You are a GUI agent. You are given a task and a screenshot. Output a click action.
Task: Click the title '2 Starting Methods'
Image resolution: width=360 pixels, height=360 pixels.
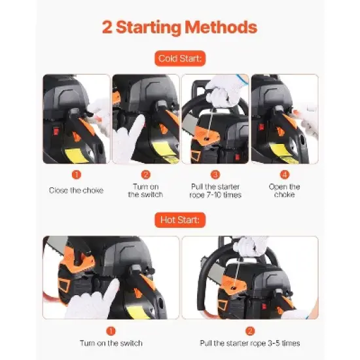179,27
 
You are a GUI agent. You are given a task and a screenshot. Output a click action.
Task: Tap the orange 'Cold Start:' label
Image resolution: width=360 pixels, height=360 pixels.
179,59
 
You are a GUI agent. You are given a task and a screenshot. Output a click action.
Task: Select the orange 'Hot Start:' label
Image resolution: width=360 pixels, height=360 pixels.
179,219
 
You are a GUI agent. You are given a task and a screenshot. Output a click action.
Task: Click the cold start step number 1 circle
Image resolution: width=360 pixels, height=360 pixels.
76,175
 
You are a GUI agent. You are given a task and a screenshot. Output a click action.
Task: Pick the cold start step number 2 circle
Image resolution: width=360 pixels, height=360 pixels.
145,175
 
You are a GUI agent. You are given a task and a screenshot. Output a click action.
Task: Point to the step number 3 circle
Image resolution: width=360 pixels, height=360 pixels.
215,175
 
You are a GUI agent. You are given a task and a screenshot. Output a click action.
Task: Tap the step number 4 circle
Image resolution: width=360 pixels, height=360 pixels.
285,175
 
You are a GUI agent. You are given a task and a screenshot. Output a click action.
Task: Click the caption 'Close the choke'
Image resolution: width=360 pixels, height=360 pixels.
76,190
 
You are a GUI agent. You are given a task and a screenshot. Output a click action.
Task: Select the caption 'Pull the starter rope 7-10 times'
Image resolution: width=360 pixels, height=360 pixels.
215,190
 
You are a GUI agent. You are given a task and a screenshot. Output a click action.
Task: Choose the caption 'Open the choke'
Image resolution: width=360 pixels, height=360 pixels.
285,190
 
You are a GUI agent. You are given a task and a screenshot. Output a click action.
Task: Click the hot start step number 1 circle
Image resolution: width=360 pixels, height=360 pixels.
111,331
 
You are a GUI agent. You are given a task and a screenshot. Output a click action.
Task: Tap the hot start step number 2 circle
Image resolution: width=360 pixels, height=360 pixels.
249,331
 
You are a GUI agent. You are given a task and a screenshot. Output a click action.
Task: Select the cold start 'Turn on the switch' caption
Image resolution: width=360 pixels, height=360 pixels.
145,190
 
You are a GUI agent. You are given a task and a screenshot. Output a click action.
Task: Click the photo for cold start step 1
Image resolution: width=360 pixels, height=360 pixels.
76,118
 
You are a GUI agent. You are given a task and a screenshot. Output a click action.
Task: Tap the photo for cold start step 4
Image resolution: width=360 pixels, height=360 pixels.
285,118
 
